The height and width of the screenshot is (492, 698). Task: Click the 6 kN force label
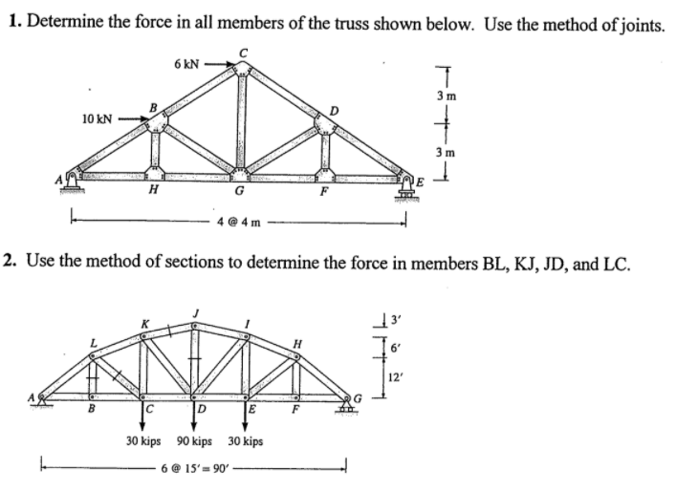186,63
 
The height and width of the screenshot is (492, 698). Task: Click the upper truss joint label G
242,192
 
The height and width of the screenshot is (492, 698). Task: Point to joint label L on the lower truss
93,343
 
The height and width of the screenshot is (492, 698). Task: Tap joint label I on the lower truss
248,325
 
